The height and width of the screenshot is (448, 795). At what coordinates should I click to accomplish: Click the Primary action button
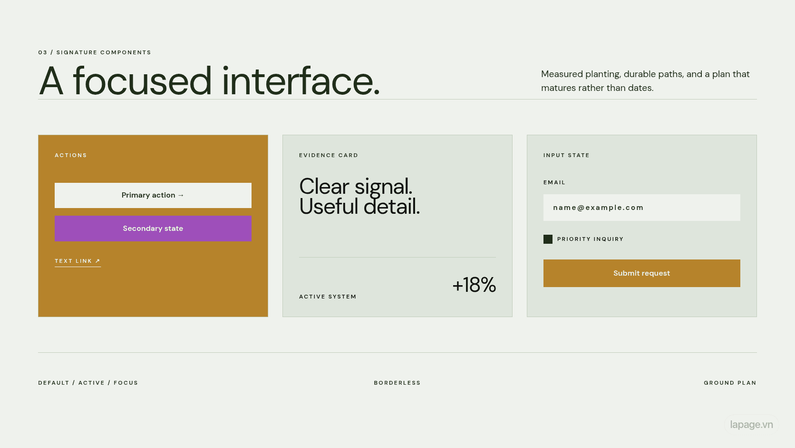pos(153,195)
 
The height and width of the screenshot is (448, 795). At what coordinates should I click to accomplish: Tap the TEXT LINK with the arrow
pos(78,261)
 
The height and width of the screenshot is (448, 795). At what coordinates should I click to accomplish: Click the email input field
pos(642,208)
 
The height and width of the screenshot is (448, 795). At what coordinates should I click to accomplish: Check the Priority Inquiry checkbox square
pos(548,239)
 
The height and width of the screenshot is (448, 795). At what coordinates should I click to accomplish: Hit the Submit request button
pos(642,273)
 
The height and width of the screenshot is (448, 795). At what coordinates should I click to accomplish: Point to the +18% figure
pos(474,285)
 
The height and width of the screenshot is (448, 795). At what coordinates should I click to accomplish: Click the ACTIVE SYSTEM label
pos(328,297)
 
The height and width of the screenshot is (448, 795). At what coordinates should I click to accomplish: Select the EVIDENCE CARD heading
pos(329,155)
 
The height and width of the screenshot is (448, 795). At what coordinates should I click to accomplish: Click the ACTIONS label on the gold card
pos(71,155)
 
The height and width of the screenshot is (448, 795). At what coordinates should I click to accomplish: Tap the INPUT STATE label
pos(566,155)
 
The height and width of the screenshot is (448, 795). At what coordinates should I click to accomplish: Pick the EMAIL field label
pos(554,183)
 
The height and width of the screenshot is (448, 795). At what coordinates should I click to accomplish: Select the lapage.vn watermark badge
pos(751,425)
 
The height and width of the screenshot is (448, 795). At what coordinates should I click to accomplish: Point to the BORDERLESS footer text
pos(397,383)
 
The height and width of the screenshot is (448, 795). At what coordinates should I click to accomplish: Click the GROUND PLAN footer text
pos(730,383)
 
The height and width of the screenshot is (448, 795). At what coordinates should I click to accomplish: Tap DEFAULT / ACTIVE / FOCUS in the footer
pos(88,383)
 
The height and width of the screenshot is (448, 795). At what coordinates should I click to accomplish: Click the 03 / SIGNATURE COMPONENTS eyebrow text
pos(95,52)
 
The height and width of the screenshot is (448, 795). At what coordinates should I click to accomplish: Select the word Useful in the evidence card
pos(329,207)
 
